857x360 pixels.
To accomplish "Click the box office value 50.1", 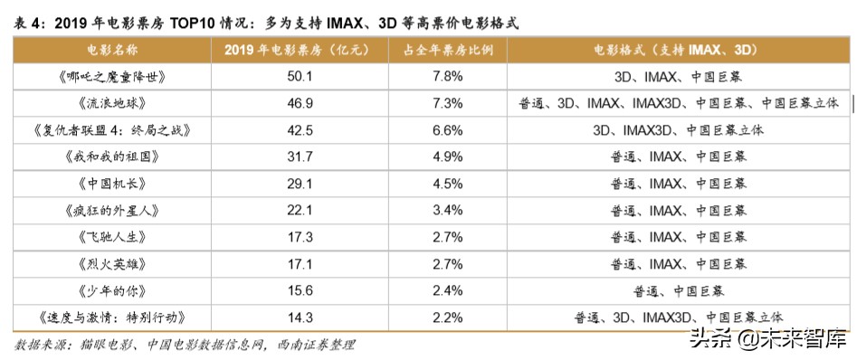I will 300,76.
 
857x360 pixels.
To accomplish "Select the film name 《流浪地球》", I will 110,103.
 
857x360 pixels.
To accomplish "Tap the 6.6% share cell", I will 448,129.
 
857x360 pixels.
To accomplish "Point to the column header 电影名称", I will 109,49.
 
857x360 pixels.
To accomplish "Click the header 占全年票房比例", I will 449,49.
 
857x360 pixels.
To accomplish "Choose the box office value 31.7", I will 300,156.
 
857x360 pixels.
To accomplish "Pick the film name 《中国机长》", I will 110,183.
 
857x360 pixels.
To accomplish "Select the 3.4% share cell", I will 448,210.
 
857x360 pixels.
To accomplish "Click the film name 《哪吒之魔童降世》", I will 110,76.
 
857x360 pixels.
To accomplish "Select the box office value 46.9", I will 300,103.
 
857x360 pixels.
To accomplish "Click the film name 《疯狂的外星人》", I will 110,210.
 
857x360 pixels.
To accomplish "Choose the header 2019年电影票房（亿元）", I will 300,49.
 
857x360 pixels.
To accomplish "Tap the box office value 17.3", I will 300,236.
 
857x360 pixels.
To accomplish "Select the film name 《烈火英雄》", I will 110,263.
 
